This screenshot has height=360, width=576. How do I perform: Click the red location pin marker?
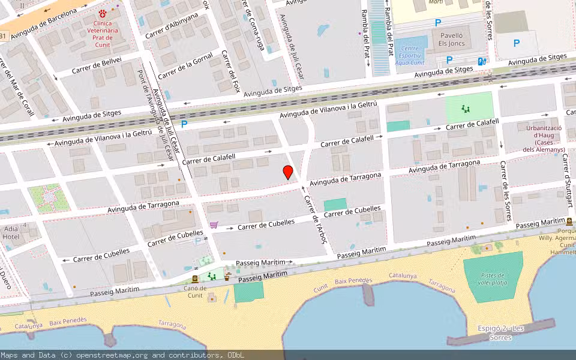[288, 172]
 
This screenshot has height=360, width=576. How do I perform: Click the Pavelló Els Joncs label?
[451, 40]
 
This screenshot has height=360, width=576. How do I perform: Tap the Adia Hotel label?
[11, 233]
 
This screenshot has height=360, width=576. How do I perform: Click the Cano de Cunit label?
[195, 291]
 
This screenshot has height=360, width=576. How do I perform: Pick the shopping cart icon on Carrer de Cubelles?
[214, 225]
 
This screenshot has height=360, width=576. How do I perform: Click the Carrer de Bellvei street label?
[97, 65]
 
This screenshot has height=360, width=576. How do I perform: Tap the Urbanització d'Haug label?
[544, 139]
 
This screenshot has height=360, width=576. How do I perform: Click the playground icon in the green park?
[465, 109]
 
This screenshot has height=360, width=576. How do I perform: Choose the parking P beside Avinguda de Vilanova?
[184, 124]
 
